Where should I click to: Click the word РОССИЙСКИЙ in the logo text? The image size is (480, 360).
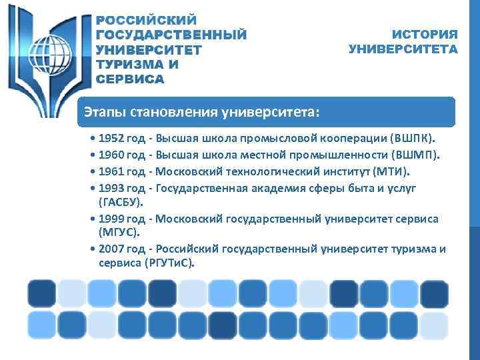pyautogui.click(x=147, y=20)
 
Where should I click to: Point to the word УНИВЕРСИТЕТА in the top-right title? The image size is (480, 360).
pyautogui.click(x=403, y=49)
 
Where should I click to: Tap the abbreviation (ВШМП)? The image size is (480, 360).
pyautogui.click(x=415, y=155)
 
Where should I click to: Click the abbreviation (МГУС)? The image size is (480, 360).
pyautogui.click(x=119, y=232)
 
